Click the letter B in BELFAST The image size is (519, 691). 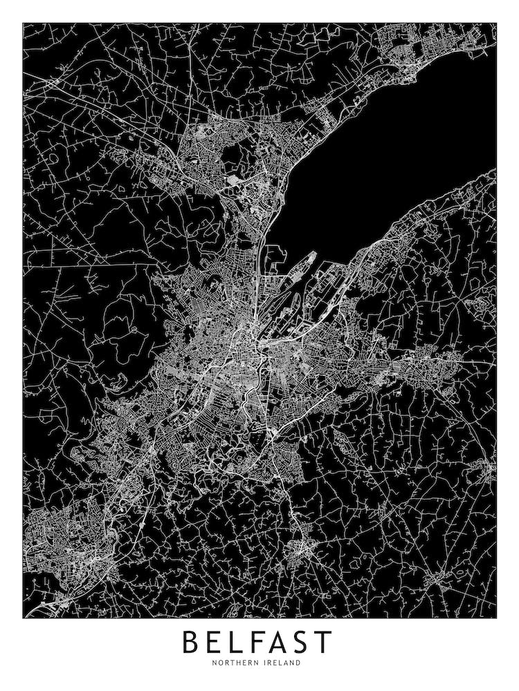pyautogui.click(x=192, y=642)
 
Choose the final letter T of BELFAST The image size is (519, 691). pyautogui.click(x=324, y=642)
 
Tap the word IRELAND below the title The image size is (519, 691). pyautogui.click(x=282, y=663)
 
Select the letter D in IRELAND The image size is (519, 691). pyautogui.click(x=299, y=663)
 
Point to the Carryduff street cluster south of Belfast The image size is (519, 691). pyautogui.click(x=301, y=549)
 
